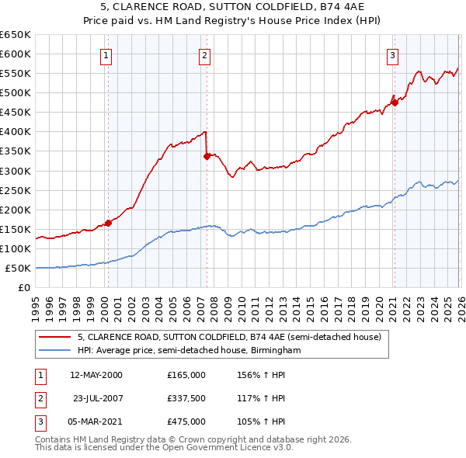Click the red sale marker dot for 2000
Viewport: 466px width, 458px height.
108,223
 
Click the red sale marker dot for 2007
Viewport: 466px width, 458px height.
207,156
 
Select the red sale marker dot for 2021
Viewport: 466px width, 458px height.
394,102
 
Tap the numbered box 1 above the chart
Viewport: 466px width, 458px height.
106,55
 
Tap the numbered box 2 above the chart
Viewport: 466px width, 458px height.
204,55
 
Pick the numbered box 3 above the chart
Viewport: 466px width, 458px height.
393,55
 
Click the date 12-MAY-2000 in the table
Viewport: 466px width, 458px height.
96,375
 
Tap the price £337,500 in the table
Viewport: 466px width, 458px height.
186,398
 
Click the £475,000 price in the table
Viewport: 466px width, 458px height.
186,422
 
